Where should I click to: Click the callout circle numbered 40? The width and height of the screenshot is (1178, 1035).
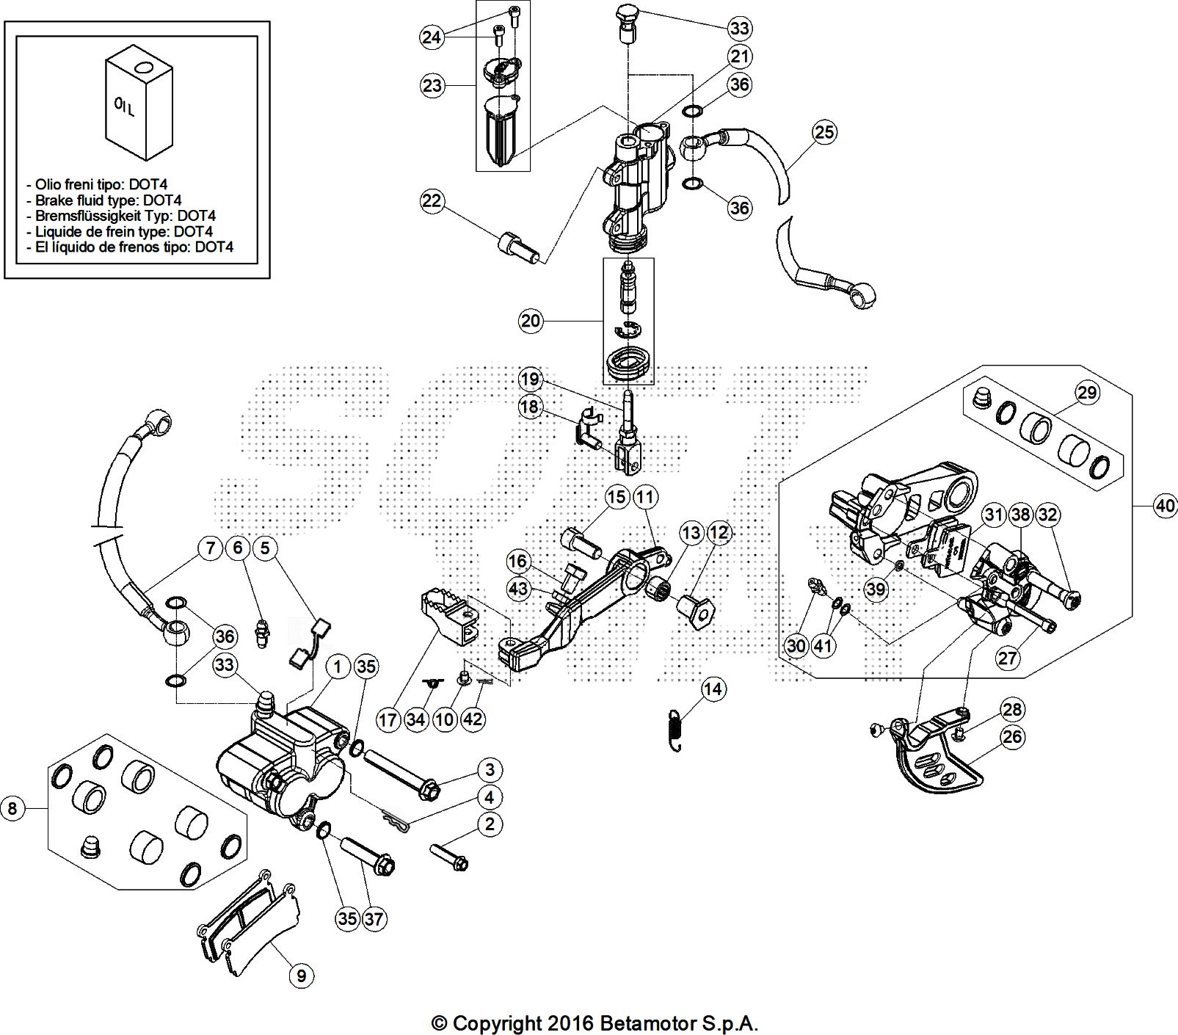click(1165, 506)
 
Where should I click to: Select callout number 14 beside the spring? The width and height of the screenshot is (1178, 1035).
click(713, 689)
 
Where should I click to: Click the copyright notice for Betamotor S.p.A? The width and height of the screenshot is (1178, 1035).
click(595, 1023)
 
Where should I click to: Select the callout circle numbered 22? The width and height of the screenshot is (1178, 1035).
click(432, 200)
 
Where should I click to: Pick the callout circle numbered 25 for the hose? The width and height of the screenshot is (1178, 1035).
click(824, 132)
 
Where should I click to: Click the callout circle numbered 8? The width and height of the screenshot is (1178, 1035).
click(12, 809)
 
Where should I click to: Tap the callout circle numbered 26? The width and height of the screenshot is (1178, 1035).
click(1012, 736)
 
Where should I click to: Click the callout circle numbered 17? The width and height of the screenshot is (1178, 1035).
click(388, 719)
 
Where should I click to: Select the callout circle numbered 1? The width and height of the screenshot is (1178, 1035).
click(338, 667)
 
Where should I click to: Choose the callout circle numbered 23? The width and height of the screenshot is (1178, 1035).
click(432, 86)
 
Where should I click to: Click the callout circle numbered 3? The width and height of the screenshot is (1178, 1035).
click(489, 769)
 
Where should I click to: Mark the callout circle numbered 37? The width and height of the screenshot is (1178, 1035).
click(374, 918)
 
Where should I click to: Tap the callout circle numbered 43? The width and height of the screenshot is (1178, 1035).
click(518, 589)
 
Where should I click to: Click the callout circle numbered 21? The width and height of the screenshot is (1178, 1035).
click(740, 56)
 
